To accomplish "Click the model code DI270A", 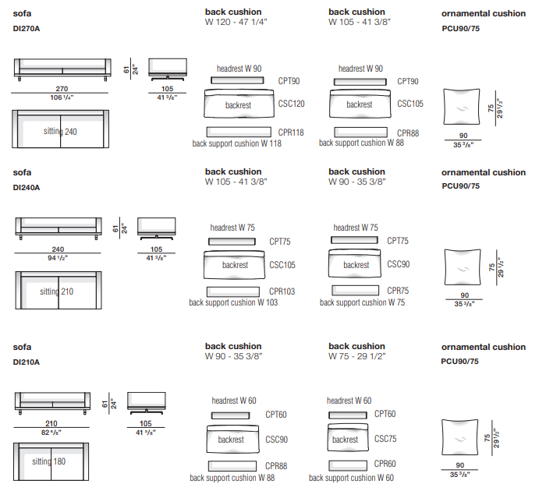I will point(27,28).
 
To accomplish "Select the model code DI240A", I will point(27,187).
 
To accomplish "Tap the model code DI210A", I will point(27,362).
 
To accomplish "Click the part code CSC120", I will point(291,103).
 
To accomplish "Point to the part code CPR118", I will point(291,132).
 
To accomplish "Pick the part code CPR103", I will point(282,291).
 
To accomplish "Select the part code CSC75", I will point(385,439).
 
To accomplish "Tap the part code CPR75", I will point(398,290).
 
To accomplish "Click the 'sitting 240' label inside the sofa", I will point(60,132).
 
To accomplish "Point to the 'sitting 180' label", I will point(48,461).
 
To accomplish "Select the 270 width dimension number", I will point(60,89).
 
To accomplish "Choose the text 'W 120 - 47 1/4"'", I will point(234,23).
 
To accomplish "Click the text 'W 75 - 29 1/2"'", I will point(357,356).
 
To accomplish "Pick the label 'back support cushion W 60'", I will point(351,478).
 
